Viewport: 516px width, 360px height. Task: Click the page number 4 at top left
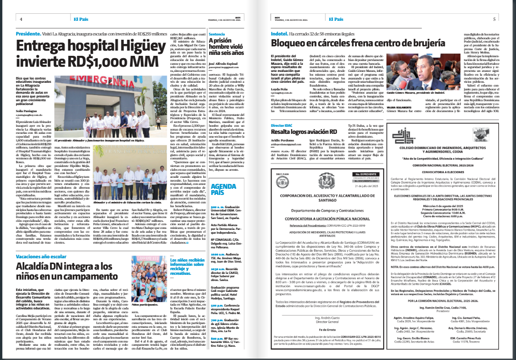(22, 19)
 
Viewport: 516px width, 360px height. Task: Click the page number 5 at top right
(494, 19)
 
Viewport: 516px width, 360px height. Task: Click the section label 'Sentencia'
(217, 35)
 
